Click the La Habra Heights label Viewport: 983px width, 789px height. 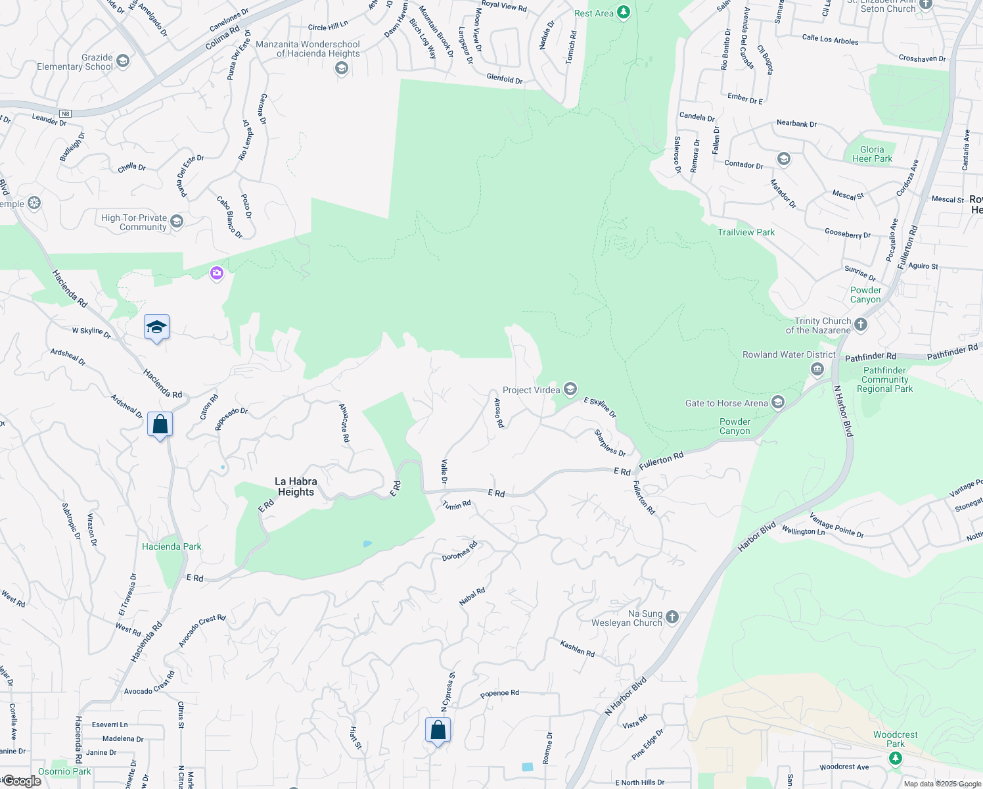coord(296,487)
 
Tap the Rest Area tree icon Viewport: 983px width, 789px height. coord(624,12)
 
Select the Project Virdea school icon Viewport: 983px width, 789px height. coord(570,389)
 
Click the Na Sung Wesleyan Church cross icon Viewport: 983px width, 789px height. coord(672,617)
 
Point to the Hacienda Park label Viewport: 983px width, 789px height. coord(171,546)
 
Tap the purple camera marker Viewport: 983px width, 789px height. coord(217,273)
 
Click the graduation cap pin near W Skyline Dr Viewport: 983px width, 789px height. coord(157,327)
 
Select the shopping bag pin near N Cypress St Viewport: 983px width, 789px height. coord(438,730)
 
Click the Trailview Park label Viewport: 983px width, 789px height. coord(746,232)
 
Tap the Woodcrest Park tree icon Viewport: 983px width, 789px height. coord(895,758)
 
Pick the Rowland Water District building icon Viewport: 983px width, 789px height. coord(817,369)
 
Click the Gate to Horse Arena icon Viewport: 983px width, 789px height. coord(778,402)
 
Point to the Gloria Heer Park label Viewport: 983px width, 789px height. coord(872,154)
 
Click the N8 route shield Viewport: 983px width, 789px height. coord(64,114)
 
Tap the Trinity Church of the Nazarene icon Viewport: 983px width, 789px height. coord(861,324)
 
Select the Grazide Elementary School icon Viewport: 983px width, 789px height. coord(123,61)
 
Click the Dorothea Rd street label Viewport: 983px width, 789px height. coord(459,552)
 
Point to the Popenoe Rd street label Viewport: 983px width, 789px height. coord(499,693)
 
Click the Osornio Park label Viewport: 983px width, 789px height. coord(64,771)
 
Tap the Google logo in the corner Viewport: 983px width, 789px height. coord(22,781)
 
